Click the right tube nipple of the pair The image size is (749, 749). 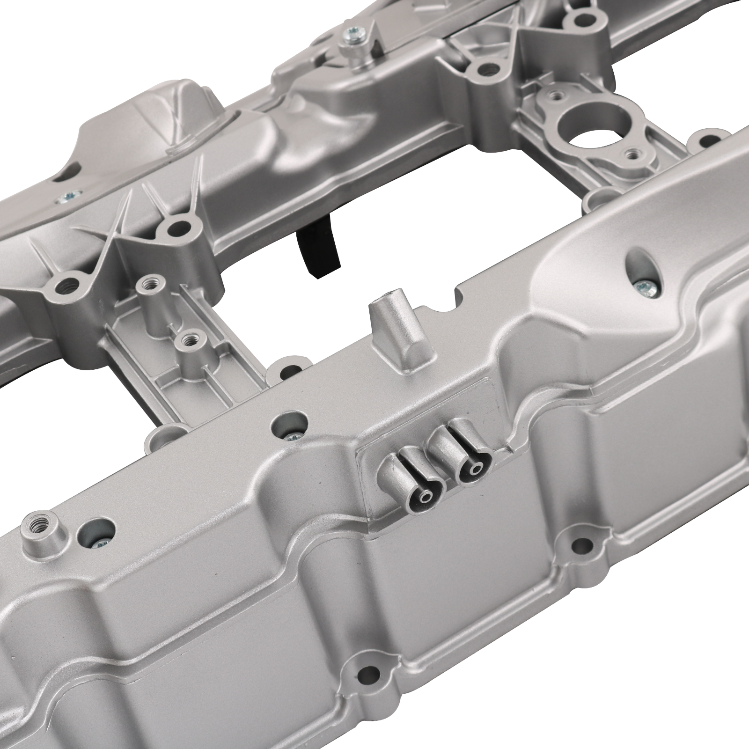[477, 469]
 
